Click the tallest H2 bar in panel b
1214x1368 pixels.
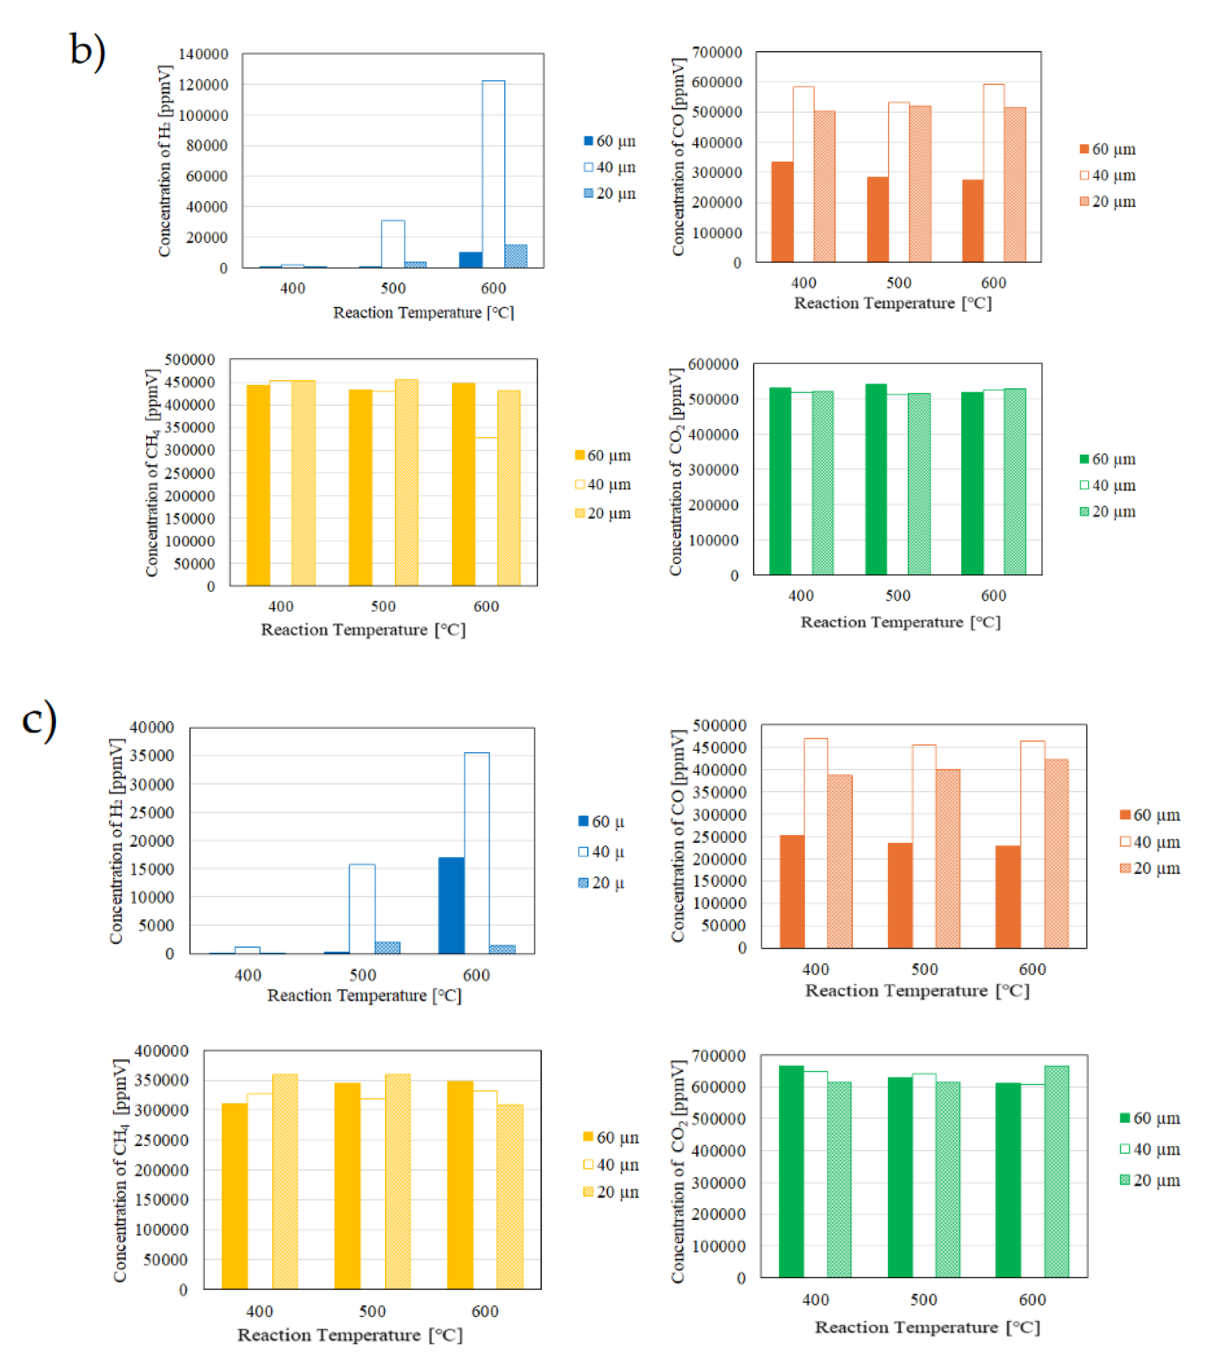coord(493,174)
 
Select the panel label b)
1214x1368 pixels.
coord(88,50)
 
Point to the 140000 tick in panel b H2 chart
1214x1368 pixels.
coord(203,54)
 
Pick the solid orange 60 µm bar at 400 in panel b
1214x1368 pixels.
coord(782,212)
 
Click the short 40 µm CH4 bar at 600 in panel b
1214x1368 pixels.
coord(486,511)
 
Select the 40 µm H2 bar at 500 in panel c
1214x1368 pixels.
coord(362,909)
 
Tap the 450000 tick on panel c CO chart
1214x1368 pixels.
coord(719,748)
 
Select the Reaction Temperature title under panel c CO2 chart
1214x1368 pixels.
coord(927,1327)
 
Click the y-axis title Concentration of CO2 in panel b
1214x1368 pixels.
coord(676,471)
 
